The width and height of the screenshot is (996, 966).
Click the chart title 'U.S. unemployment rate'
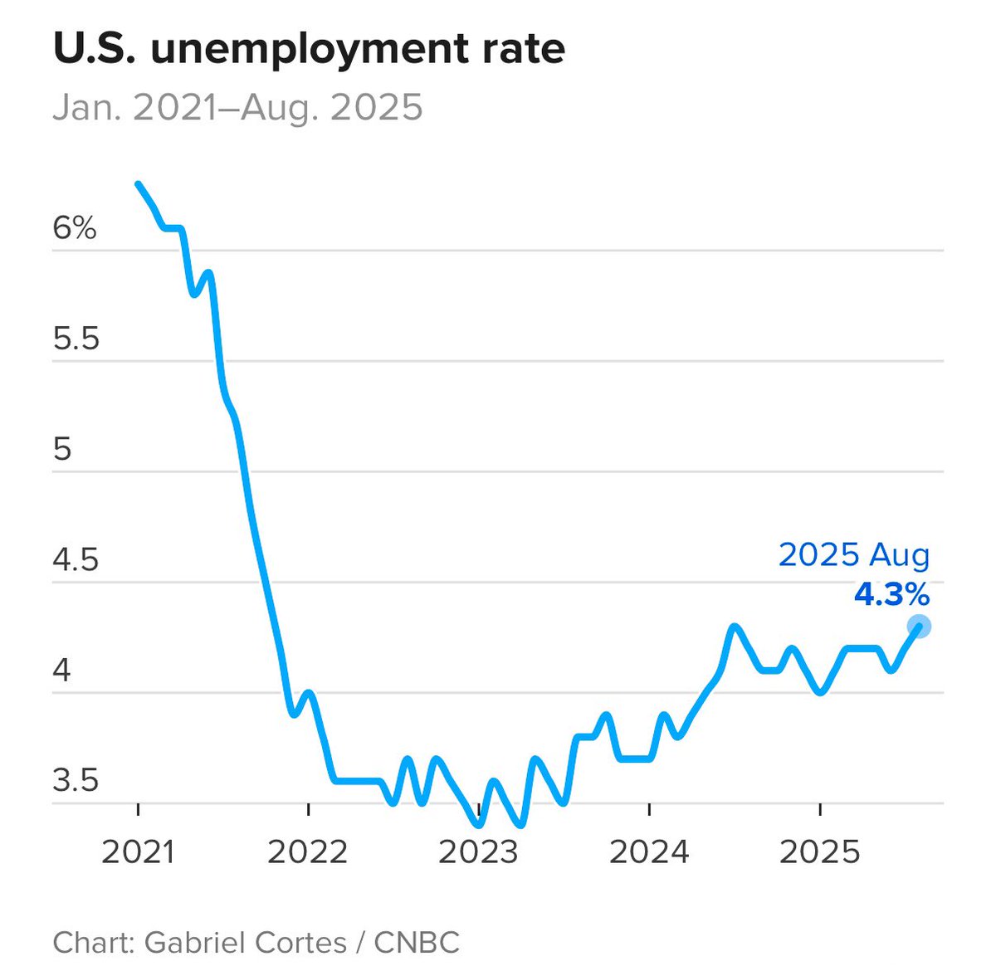click(309, 48)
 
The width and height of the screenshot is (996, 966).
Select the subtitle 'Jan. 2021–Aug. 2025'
click(237, 108)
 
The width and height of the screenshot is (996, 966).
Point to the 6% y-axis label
click(75, 228)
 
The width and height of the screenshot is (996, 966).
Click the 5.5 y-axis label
click(76, 339)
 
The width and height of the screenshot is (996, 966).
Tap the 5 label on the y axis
click(62, 449)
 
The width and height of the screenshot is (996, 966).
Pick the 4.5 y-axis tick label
click(76, 559)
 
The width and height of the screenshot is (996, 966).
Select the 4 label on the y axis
click(62, 670)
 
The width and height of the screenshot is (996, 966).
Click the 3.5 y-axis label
click(76, 780)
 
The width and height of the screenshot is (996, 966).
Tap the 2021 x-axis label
click(138, 852)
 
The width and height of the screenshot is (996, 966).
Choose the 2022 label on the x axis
click(308, 852)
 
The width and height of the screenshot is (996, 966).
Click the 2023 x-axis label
click(478, 852)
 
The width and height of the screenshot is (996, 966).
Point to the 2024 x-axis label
click(649, 852)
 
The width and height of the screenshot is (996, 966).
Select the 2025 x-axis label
click(819, 852)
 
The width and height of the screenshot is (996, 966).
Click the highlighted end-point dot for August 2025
click(919, 627)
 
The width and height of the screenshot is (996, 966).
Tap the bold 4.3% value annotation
click(891, 594)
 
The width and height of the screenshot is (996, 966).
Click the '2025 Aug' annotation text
click(854, 555)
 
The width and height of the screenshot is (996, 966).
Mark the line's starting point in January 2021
click(139, 184)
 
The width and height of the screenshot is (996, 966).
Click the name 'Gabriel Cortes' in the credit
click(245, 942)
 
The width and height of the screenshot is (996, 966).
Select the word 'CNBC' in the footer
click(417, 942)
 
